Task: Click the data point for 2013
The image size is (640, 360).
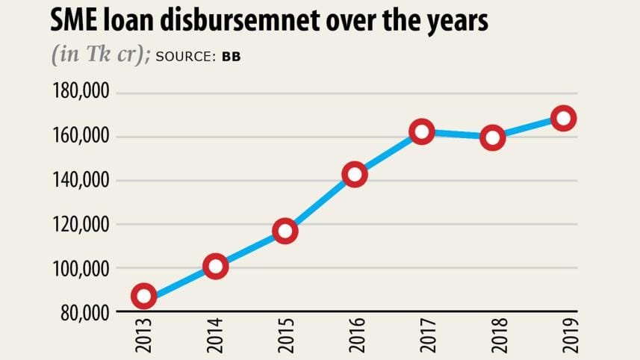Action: pyautogui.click(x=144, y=297)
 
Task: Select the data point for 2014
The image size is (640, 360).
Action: pyautogui.click(x=215, y=266)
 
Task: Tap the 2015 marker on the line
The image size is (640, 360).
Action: pyautogui.click(x=285, y=231)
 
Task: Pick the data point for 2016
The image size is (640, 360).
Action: pyautogui.click(x=354, y=175)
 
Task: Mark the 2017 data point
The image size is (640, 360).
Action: pyautogui.click(x=422, y=131)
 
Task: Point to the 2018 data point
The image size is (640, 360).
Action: pyautogui.click(x=493, y=137)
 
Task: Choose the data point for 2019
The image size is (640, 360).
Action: pyautogui.click(x=563, y=118)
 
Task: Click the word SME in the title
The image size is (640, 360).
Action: pyautogui.click(x=76, y=22)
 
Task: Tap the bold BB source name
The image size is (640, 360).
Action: pyautogui.click(x=231, y=57)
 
